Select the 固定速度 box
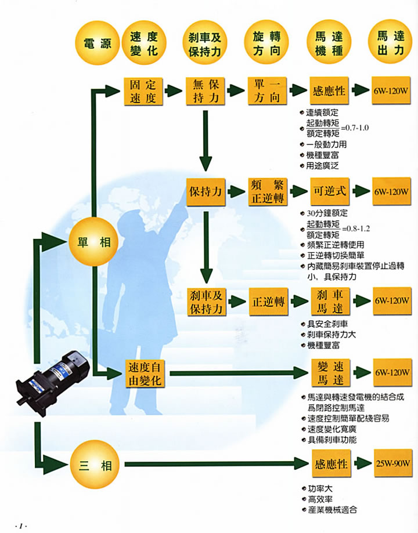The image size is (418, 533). (142, 91)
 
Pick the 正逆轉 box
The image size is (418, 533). (268, 301)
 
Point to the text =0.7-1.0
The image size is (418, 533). (355, 127)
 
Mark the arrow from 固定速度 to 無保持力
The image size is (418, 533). (174, 91)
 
